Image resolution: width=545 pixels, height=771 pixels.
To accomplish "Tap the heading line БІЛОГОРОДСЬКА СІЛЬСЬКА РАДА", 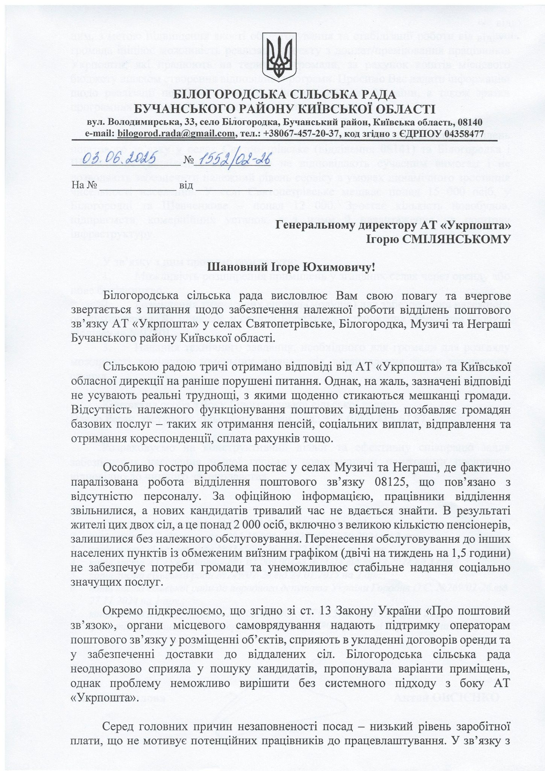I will tap(272, 94).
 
